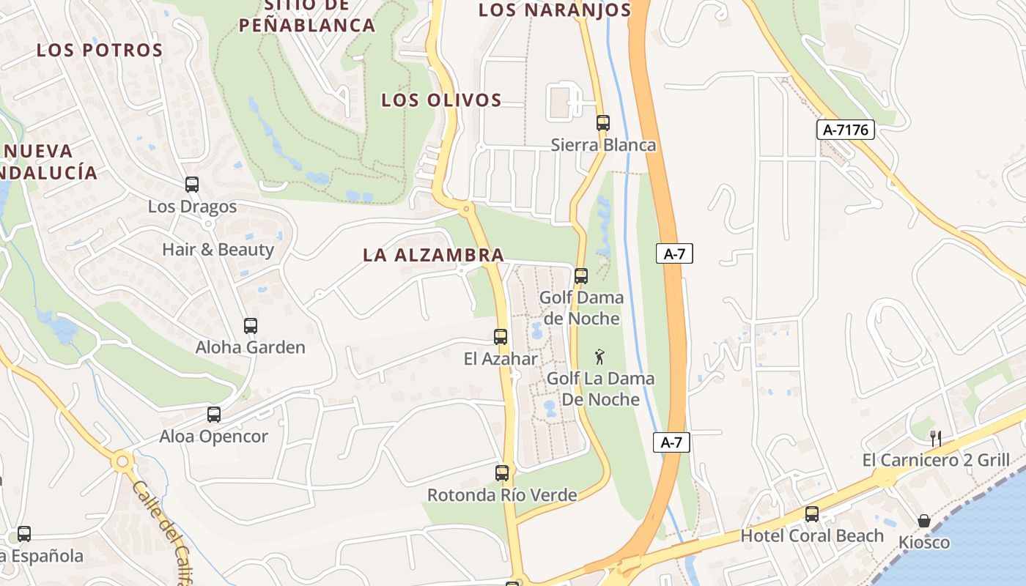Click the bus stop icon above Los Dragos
click(x=192, y=185)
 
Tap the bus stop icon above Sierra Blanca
click(x=603, y=123)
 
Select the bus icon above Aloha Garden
click(x=251, y=326)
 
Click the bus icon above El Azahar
click(x=501, y=337)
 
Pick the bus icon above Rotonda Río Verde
click(x=502, y=473)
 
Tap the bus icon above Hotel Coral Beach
click(x=812, y=514)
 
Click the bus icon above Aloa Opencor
click(x=214, y=415)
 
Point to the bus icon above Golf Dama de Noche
click(x=581, y=276)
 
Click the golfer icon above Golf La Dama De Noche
click(x=600, y=357)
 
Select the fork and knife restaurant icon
click(x=936, y=439)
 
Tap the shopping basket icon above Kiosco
click(x=924, y=521)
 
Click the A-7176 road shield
click(x=846, y=130)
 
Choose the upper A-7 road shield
click(x=674, y=254)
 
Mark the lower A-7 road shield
click(x=672, y=442)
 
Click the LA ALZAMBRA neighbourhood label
click(x=434, y=255)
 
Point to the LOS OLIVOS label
click(x=441, y=100)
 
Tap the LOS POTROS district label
click(x=100, y=51)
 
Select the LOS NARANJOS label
click(x=555, y=10)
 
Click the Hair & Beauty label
click(x=218, y=250)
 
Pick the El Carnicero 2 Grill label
click(x=936, y=460)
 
